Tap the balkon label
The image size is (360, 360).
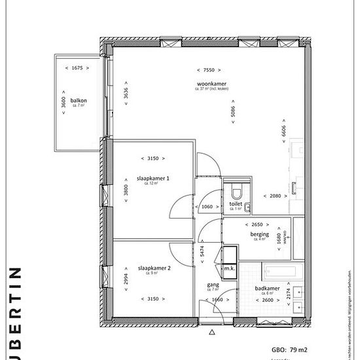[x=79, y=100]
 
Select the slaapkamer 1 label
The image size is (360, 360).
[x=153, y=178]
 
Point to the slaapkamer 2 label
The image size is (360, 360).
[x=154, y=268]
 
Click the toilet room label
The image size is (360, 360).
[x=236, y=204]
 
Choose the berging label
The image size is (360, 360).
[x=259, y=234]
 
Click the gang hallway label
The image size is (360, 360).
[x=213, y=285]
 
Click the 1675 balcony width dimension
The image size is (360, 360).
[x=77, y=68]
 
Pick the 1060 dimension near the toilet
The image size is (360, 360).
[x=207, y=207]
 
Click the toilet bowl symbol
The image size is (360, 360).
[x=236, y=192]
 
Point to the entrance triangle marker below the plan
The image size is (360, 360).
[x=211, y=332]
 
